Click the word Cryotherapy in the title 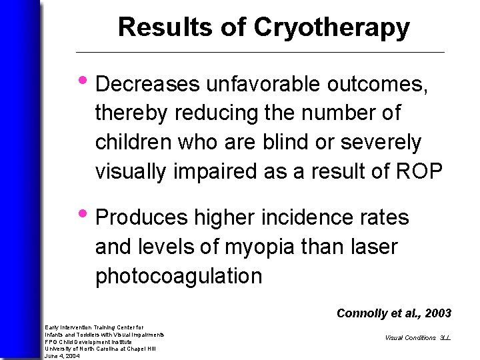pyautogui.click(x=331, y=27)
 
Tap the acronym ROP pyautogui.click(x=417, y=171)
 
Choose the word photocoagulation pyautogui.click(x=179, y=276)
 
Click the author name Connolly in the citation pyautogui.click(x=359, y=313)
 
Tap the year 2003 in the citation pyautogui.click(x=437, y=313)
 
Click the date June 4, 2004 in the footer pyautogui.click(x=62, y=356)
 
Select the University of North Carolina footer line pyautogui.click(x=100, y=349)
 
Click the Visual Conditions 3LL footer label pyautogui.click(x=417, y=337)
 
